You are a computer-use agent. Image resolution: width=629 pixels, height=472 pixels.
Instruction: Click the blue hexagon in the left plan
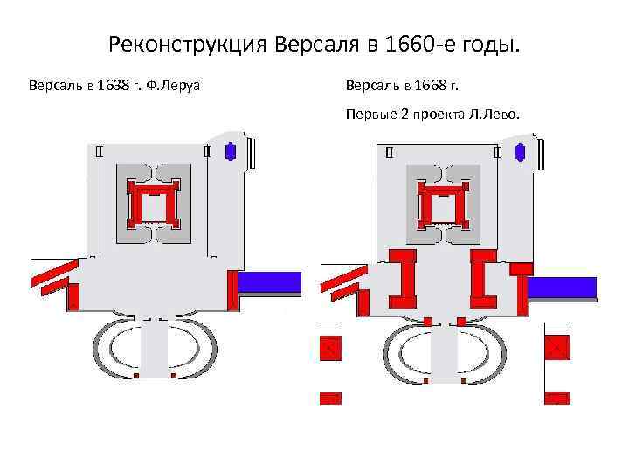pyautogui.click(x=231, y=151)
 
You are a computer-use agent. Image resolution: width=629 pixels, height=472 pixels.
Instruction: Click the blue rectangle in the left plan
pyautogui.click(x=270, y=282)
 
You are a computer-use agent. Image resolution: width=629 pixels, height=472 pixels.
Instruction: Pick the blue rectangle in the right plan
pyautogui.click(x=562, y=287)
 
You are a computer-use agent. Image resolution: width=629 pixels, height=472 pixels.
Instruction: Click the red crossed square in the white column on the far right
pyautogui.click(x=556, y=348)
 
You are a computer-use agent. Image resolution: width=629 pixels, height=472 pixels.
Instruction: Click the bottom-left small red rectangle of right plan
pyautogui.click(x=330, y=398)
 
